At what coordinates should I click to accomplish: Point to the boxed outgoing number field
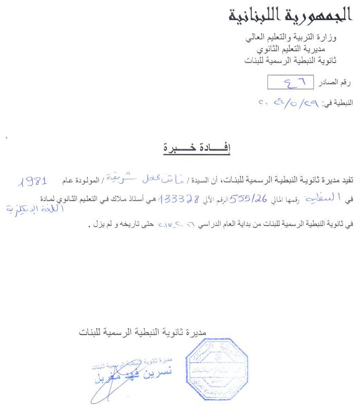pyautogui.click(x=290, y=82)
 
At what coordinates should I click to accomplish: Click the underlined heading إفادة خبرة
pyautogui.click(x=197, y=148)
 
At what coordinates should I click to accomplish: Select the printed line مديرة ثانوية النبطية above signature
pyautogui.click(x=147, y=331)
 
